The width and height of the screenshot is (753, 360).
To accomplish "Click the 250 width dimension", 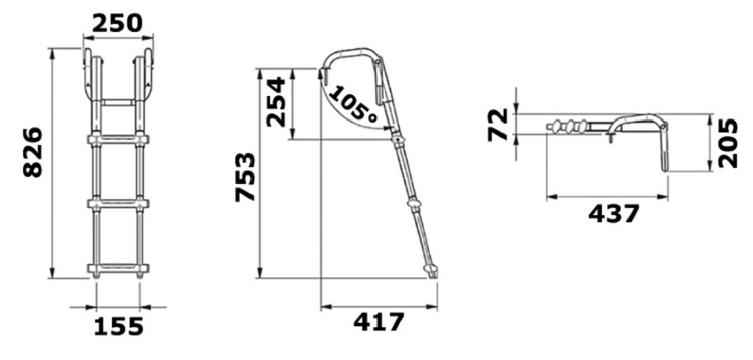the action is (117, 23).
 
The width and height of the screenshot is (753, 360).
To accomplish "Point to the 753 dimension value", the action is (245, 177).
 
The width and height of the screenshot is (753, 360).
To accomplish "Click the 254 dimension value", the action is (276, 102).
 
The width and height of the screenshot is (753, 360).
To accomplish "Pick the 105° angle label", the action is (353, 103).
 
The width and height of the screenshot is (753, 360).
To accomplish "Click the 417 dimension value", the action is (379, 322).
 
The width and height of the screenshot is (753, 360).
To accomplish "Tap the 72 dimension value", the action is (497, 125).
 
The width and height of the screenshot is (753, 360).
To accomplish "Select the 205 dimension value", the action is (728, 143).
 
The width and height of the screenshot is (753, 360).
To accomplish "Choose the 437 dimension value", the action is (613, 214).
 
